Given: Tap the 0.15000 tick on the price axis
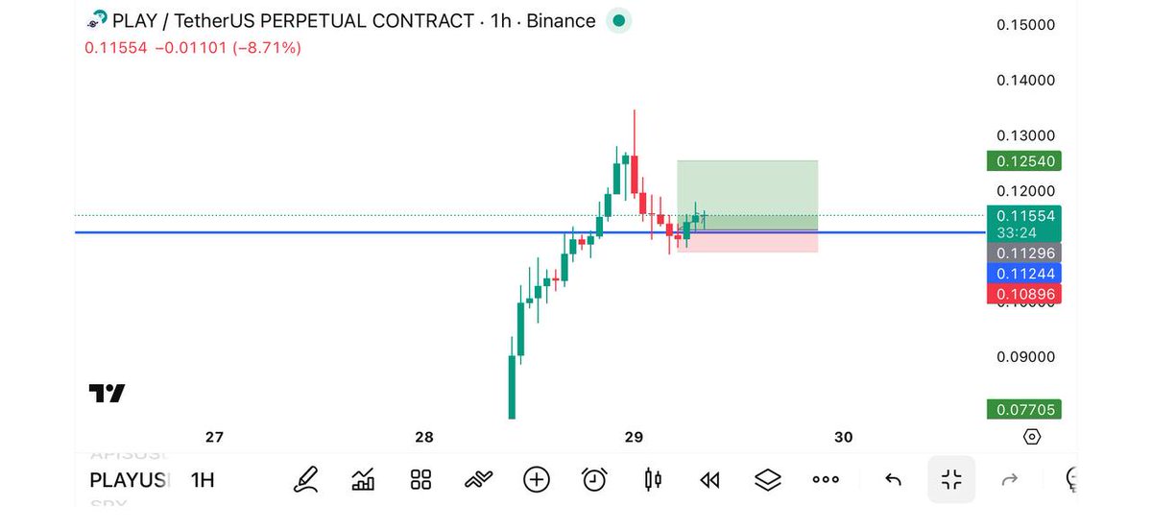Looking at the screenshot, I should (x=1026, y=25).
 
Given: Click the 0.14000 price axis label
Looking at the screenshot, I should (x=1026, y=81).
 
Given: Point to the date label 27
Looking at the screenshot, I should (x=214, y=438).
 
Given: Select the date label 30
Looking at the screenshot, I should (x=843, y=438).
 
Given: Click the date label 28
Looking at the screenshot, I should (x=424, y=438).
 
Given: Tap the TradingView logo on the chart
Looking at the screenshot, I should (x=107, y=393).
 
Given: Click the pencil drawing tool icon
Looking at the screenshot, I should (x=305, y=479).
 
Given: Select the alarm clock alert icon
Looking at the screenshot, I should (x=594, y=479).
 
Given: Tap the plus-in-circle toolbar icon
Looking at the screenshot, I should (x=537, y=479).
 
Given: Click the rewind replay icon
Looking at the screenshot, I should (x=709, y=480).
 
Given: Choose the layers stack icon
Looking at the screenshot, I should (x=767, y=479).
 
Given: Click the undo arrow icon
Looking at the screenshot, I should (x=893, y=480).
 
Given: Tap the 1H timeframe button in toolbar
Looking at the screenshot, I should (x=203, y=480).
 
